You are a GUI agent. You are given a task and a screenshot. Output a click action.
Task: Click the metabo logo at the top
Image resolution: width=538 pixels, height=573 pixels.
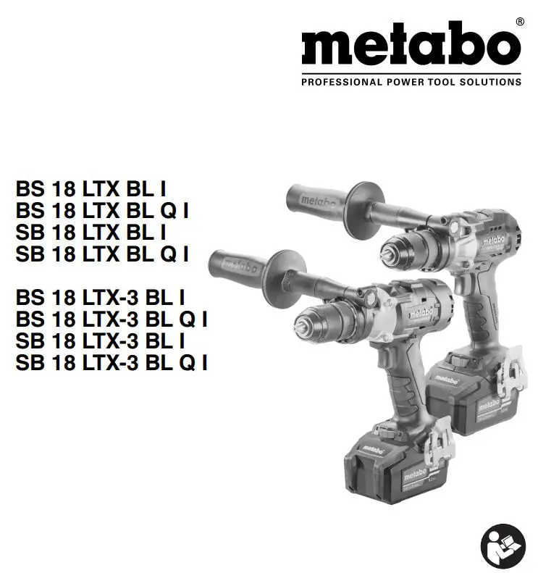click(x=411, y=46)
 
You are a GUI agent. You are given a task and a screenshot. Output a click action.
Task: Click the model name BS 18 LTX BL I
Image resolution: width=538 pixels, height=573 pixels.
click(x=91, y=190)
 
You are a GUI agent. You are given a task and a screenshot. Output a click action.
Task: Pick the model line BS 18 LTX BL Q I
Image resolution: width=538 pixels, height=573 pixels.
click(x=102, y=212)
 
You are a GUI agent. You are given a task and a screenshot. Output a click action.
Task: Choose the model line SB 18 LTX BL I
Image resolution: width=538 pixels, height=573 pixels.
click(x=91, y=233)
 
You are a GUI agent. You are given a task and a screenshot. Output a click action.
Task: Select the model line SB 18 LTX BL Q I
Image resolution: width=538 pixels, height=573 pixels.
click(x=102, y=254)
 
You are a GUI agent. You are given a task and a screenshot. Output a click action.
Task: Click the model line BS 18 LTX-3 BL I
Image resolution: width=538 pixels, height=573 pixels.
click(x=100, y=297)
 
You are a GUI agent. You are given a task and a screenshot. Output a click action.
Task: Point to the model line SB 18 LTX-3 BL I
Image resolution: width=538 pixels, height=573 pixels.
click(x=100, y=340)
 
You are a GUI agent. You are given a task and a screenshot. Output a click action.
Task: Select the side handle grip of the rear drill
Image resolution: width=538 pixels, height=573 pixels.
click(x=315, y=197)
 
